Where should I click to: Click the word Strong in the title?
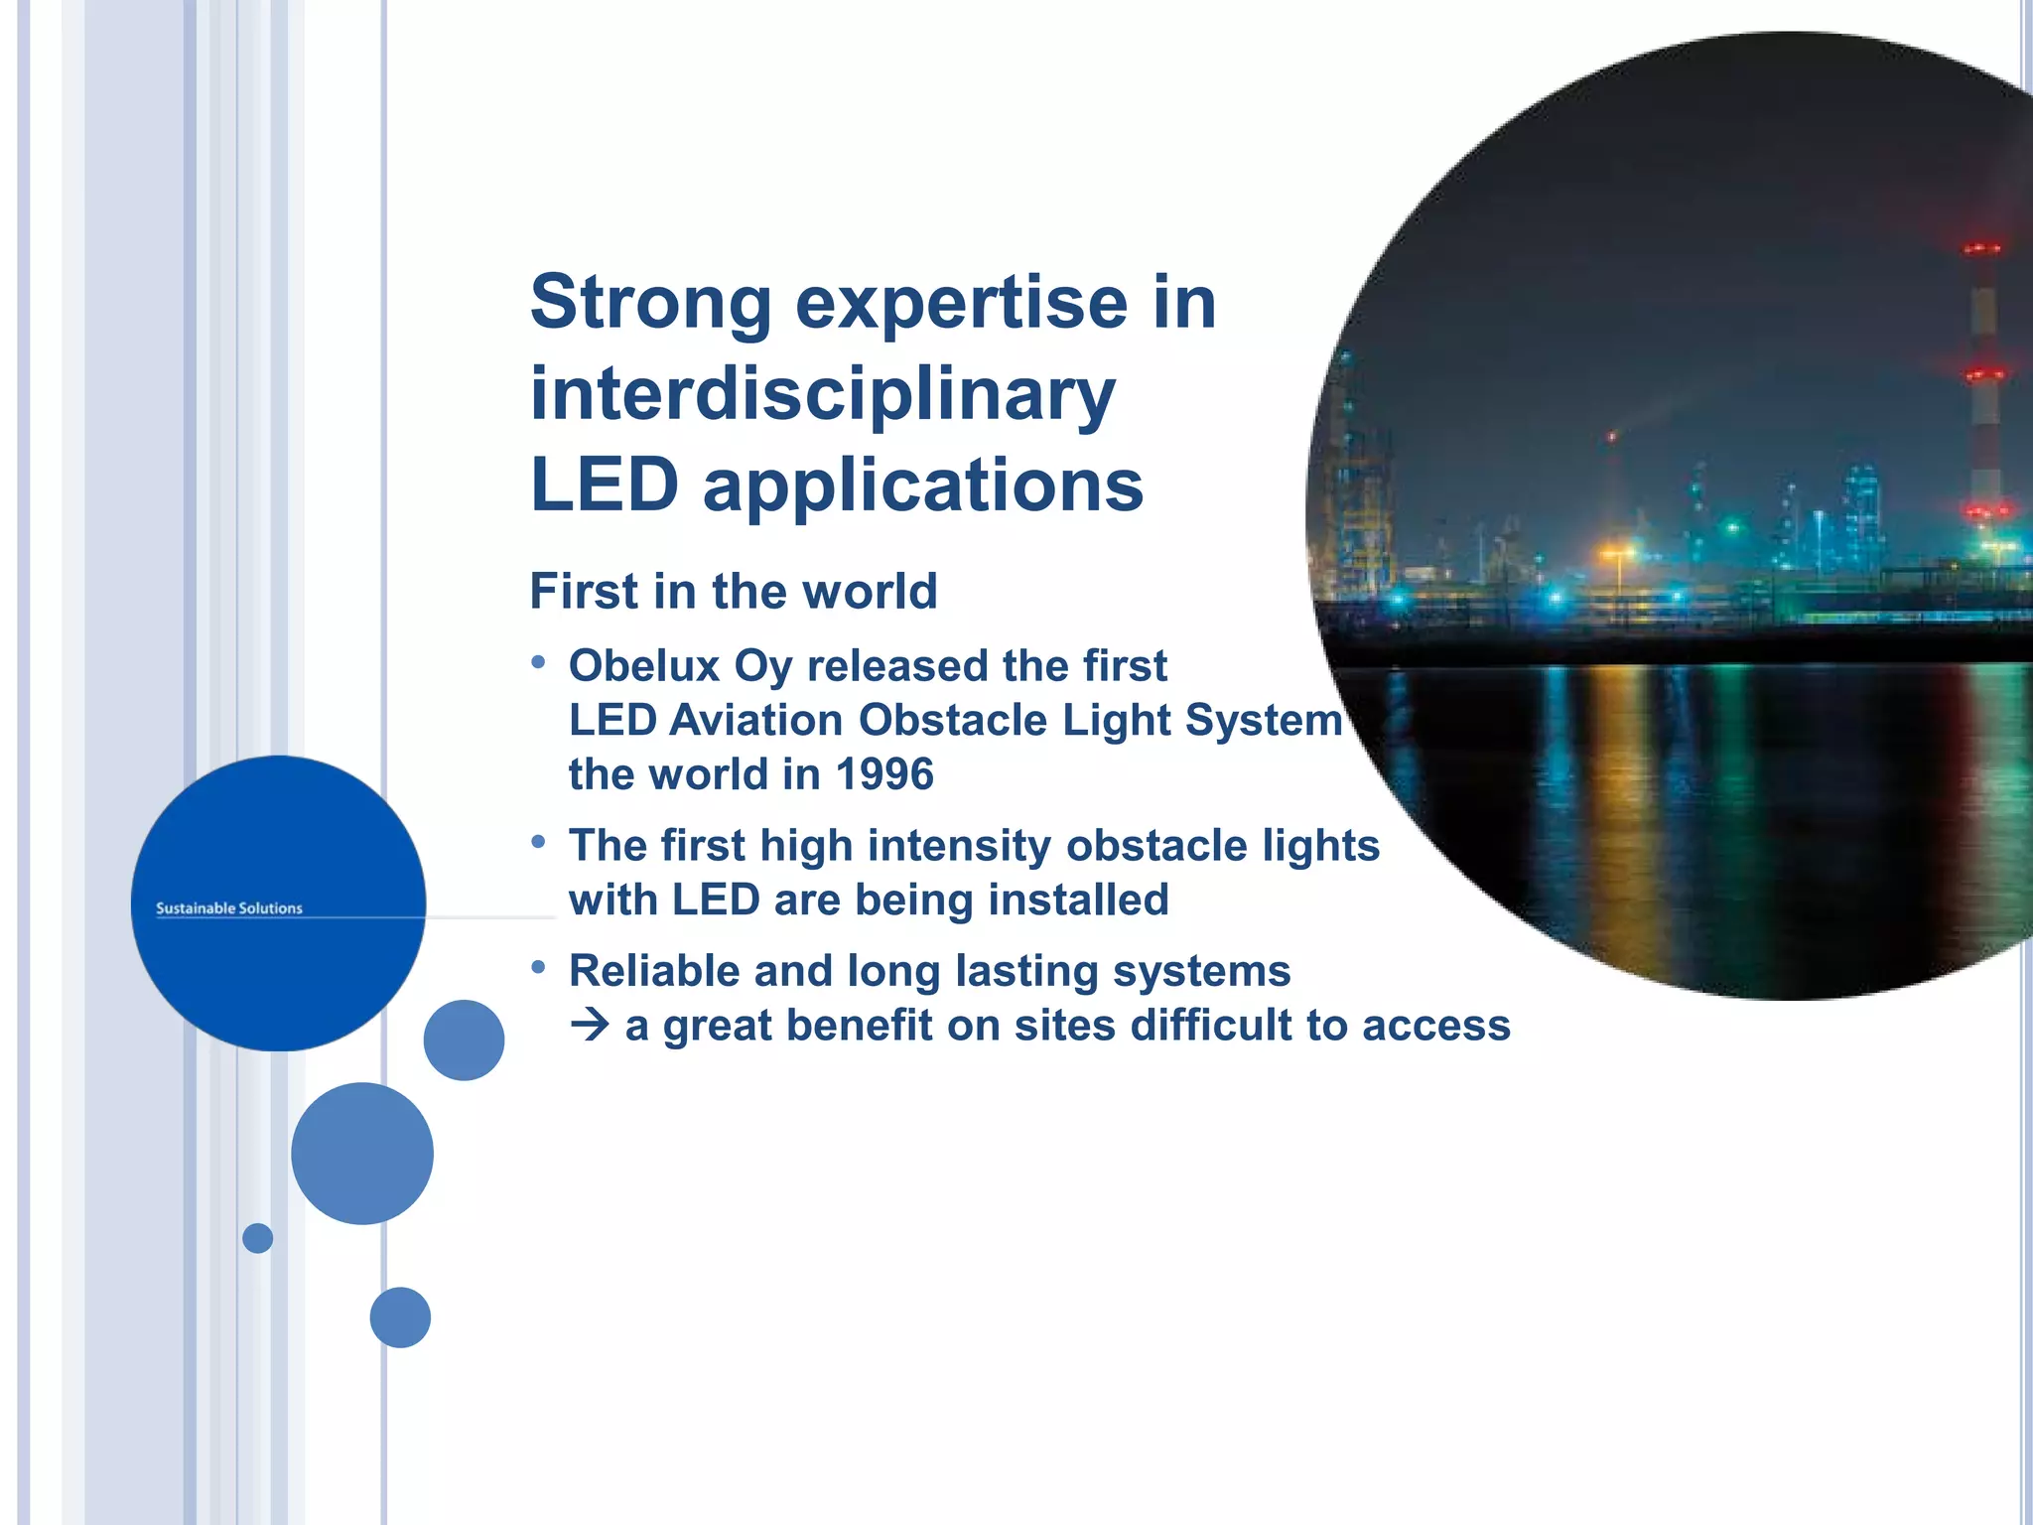(x=650, y=302)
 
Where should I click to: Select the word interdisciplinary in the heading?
(x=823, y=394)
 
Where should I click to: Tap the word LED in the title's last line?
(x=605, y=485)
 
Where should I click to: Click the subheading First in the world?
(x=734, y=592)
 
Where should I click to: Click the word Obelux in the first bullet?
(x=643, y=666)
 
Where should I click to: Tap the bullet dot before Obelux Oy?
(x=538, y=661)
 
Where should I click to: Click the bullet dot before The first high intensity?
(x=538, y=842)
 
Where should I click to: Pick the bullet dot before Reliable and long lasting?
(x=538, y=966)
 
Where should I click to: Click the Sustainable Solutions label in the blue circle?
(x=229, y=908)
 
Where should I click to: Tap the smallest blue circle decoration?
(x=257, y=1238)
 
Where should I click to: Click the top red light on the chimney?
(x=1982, y=248)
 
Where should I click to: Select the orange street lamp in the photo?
(x=1617, y=553)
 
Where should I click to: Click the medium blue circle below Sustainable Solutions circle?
(x=362, y=1154)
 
